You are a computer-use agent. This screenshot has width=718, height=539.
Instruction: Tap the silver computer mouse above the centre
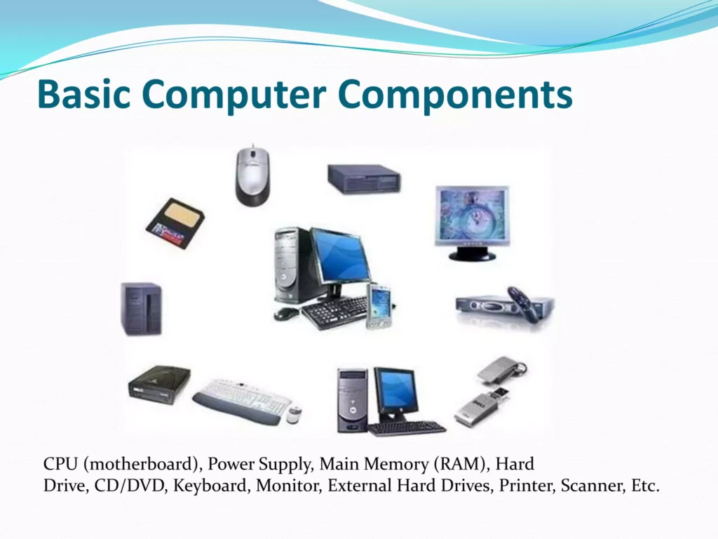coord(252,176)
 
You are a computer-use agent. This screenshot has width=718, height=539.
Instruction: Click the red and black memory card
coord(175,223)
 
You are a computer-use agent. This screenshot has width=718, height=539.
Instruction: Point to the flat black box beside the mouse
coord(364,179)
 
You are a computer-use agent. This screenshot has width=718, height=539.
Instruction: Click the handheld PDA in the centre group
coord(379,306)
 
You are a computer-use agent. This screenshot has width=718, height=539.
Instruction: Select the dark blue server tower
coord(142,309)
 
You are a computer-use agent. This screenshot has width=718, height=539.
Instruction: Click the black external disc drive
coord(158,383)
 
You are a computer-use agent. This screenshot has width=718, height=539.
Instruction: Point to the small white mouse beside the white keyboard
coord(294,414)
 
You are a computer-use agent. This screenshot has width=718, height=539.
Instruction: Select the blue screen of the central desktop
coord(340,255)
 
